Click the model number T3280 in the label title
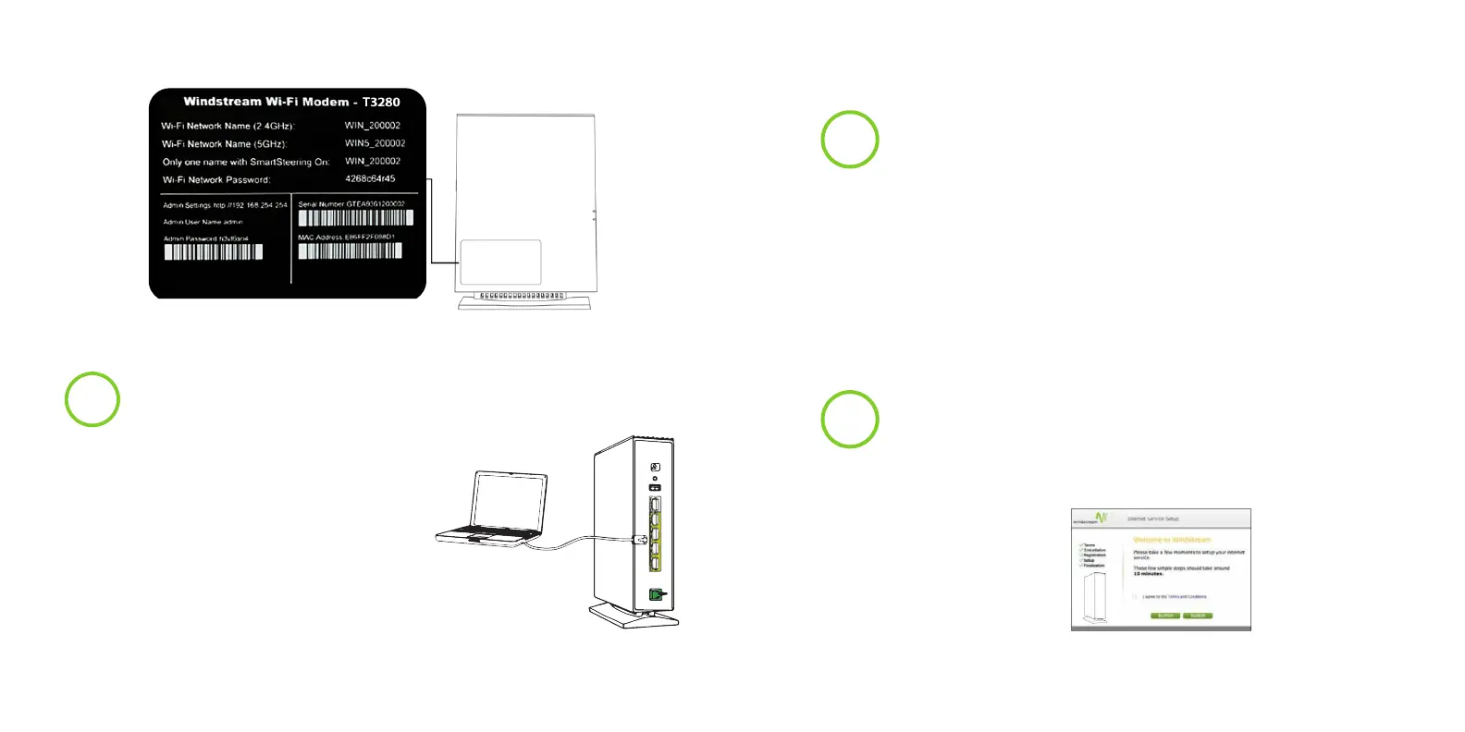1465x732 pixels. (381, 102)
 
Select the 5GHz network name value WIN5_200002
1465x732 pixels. (375, 143)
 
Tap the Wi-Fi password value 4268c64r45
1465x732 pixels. (370, 178)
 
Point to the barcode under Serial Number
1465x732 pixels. (355, 218)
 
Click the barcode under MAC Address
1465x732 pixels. (350, 250)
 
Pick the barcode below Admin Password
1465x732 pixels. (214, 251)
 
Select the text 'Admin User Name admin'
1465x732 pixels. (203, 222)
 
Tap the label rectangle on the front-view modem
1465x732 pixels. (500, 262)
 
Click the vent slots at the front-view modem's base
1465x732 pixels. (522, 296)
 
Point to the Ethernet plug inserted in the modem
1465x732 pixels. (639, 538)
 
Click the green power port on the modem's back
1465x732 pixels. (657, 595)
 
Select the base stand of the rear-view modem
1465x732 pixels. (635, 616)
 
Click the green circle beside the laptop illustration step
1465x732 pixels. (92, 399)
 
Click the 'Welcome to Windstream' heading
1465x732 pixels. (1172, 540)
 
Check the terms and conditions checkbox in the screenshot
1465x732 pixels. (1135, 597)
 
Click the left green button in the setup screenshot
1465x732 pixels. (1165, 616)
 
